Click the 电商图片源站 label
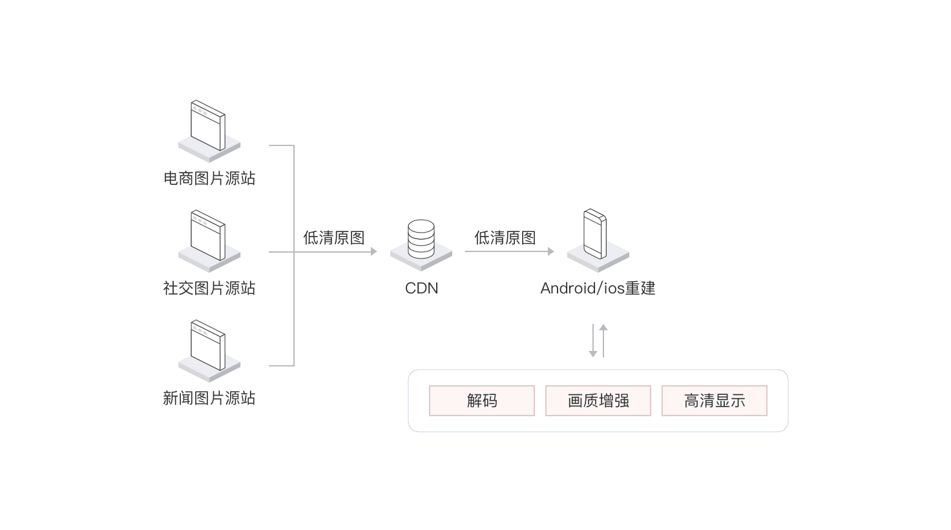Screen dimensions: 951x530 click(209, 178)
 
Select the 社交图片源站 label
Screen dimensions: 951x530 click(209, 288)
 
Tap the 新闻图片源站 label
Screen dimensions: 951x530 click(209, 398)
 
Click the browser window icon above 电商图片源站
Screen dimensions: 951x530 click(208, 125)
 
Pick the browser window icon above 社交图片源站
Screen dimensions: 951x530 click(208, 235)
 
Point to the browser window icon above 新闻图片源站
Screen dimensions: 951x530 click(208, 345)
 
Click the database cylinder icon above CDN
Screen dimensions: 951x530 click(421, 239)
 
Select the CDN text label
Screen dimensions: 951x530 click(422, 288)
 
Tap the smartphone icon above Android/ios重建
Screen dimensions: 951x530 click(595, 234)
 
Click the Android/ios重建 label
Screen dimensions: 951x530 click(598, 288)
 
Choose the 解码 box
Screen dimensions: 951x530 click(482, 401)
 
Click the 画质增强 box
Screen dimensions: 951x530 click(598, 401)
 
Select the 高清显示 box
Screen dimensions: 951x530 click(715, 401)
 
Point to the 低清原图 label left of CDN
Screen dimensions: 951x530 click(334, 238)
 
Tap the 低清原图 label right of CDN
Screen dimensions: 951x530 click(505, 238)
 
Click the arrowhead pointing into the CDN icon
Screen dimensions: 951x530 click(373, 252)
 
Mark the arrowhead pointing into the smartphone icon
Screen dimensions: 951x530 click(550, 251)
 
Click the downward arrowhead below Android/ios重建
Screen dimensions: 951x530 click(593, 354)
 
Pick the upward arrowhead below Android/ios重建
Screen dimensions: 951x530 click(603, 328)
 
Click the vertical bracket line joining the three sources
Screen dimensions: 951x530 click(294, 255)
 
